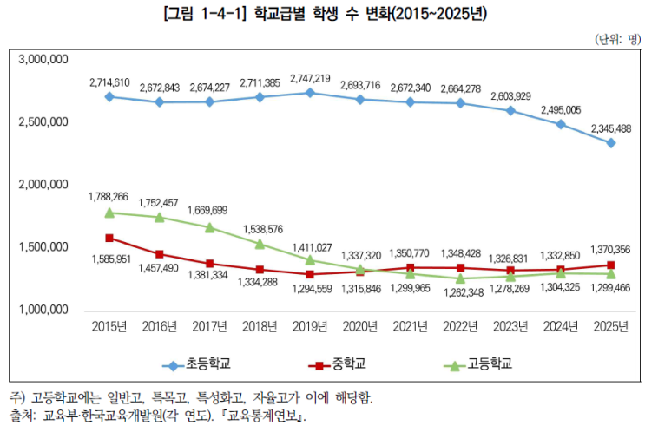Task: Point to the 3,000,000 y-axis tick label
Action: pos(43,60)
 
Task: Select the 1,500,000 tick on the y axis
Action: pos(43,247)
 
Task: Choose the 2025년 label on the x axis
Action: pos(611,326)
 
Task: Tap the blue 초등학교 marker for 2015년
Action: pos(109,96)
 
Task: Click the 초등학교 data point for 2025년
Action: pos(611,143)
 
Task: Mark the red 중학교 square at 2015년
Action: pos(109,238)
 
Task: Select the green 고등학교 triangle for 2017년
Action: pos(210,227)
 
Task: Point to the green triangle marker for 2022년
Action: pos(461,278)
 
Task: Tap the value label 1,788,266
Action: pos(109,196)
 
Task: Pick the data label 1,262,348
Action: pos(461,292)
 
